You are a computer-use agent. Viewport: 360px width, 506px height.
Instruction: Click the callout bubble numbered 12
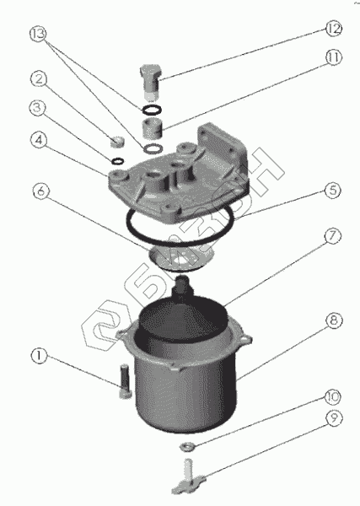333,29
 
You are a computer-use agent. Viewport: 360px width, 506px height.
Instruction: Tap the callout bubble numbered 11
333,57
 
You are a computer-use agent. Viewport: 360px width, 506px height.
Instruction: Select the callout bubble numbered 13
38,34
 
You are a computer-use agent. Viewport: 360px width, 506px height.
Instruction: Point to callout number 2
39,79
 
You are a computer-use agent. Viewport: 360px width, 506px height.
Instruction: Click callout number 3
38,108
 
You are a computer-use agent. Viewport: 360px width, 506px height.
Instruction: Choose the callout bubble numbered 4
39,141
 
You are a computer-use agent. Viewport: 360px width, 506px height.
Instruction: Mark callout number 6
41,191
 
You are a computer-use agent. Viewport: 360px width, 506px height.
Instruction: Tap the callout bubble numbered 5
332,190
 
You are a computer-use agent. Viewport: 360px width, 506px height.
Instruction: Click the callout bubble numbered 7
332,236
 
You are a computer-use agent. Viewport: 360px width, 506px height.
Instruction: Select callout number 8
334,320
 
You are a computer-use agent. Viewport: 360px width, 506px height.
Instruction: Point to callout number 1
39,356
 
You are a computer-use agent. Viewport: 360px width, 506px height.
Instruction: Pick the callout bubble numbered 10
332,397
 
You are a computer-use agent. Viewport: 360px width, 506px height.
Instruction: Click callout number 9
334,418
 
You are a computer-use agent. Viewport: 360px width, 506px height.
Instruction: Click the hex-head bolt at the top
150,82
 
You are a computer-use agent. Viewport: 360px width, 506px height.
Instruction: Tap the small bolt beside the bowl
125,381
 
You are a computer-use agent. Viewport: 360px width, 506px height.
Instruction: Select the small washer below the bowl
187,447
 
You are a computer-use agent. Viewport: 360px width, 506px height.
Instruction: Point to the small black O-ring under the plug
117,160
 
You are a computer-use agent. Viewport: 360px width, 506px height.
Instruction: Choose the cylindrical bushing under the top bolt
152,128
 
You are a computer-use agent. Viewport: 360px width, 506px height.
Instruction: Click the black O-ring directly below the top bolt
151,110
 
